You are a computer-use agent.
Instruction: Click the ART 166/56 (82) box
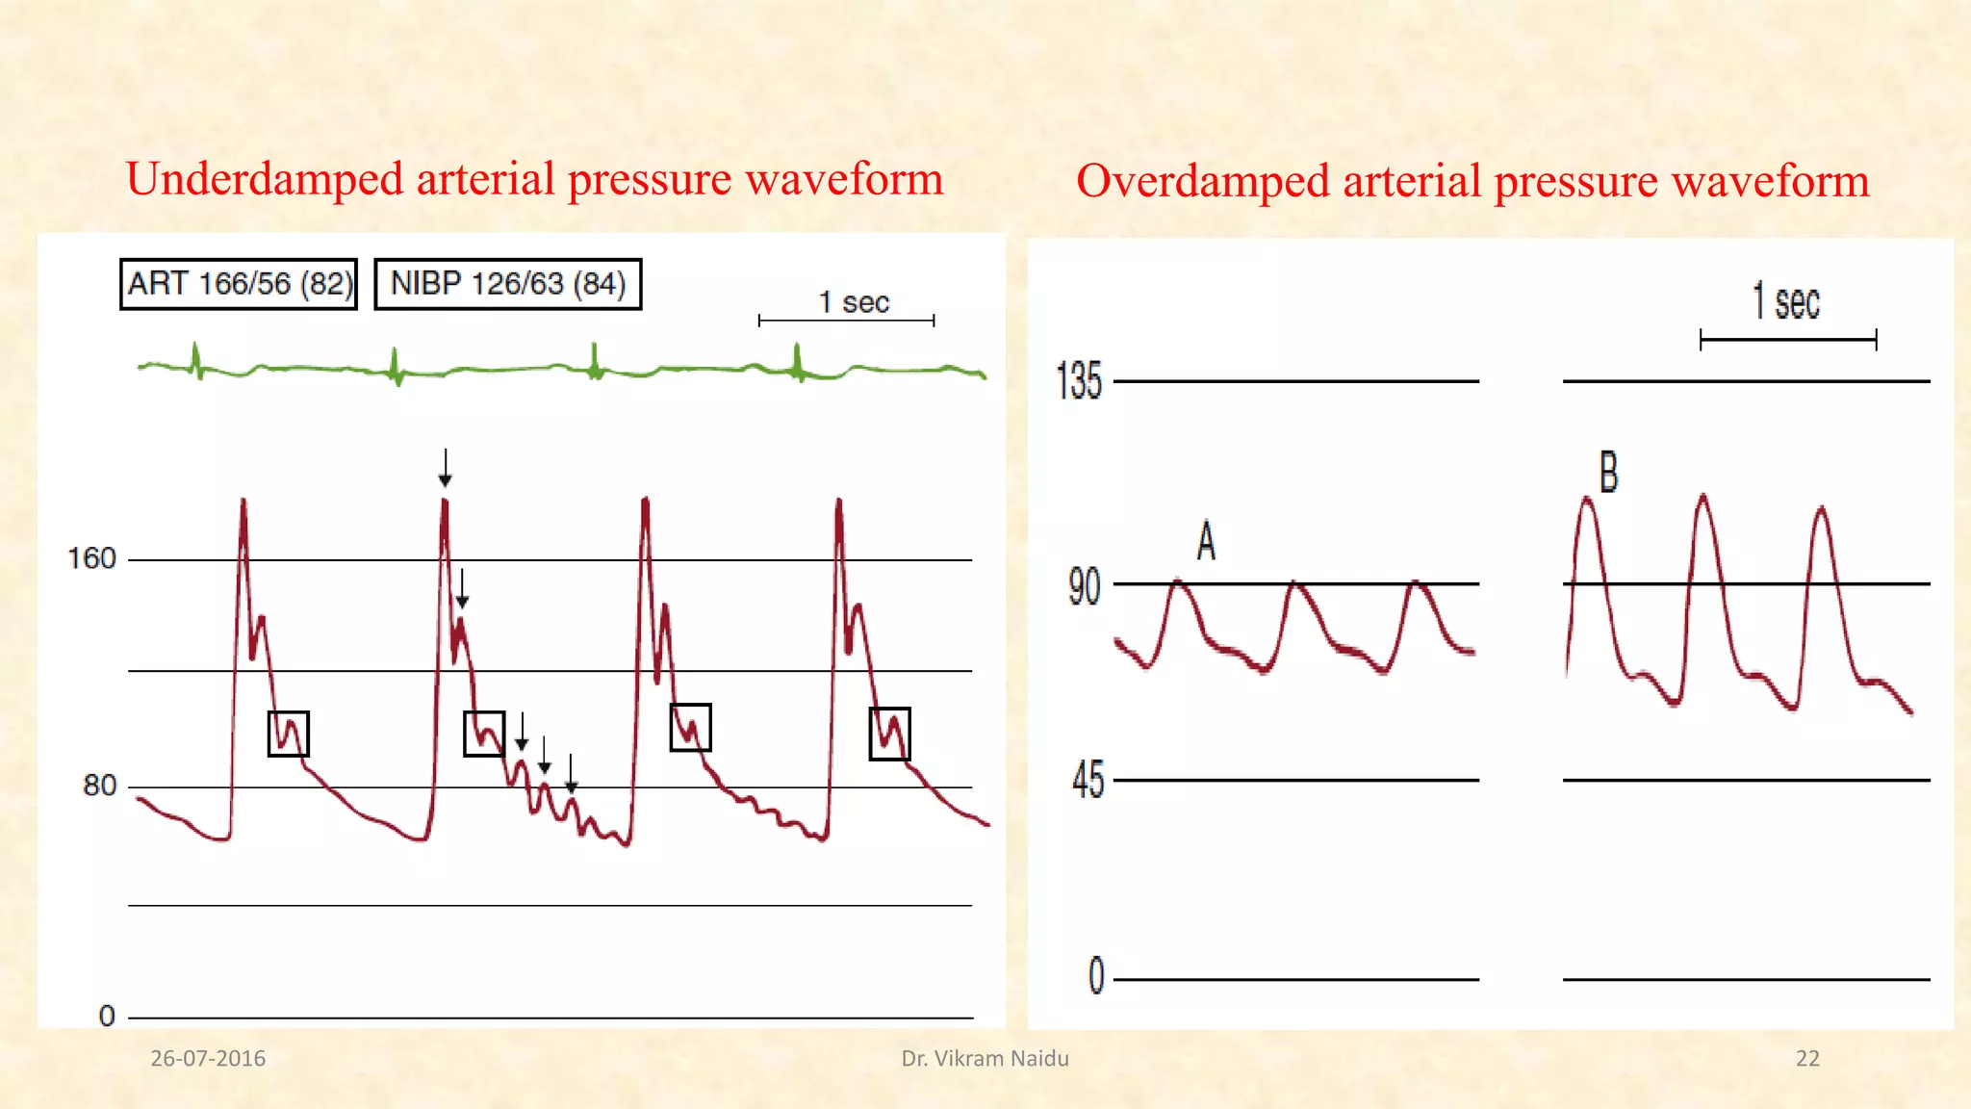(x=239, y=284)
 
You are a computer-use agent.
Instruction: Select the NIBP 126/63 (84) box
(x=507, y=284)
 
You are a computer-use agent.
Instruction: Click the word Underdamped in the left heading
(x=265, y=180)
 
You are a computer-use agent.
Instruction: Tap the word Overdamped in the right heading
(x=1203, y=181)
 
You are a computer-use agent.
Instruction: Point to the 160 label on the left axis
(x=91, y=558)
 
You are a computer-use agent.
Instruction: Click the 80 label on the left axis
(x=99, y=786)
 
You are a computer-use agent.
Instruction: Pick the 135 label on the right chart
(x=1078, y=381)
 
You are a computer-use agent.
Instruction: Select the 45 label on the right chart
(x=1088, y=780)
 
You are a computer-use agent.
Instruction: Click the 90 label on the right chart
(x=1084, y=586)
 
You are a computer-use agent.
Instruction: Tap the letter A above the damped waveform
(x=1206, y=541)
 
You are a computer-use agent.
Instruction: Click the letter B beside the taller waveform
(x=1608, y=473)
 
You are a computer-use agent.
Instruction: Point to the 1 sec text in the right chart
(x=1785, y=302)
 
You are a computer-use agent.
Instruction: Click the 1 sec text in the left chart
(x=853, y=302)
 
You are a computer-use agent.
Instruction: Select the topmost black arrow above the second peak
(x=445, y=467)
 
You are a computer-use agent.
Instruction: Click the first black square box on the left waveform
(x=288, y=734)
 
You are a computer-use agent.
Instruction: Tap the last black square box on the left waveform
(x=889, y=734)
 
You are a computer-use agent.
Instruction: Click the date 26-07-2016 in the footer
(x=208, y=1059)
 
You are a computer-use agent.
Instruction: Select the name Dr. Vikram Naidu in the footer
(x=985, y=1059)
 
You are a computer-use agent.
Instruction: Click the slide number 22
(x=1807, y=1059)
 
